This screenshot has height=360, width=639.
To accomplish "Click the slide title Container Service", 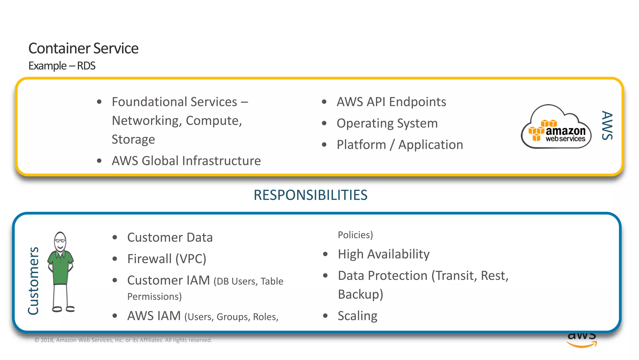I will (x=83, y=48).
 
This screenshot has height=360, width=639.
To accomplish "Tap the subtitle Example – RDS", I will (x=62, y=66).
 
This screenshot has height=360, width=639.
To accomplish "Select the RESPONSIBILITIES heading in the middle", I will (x=310, y=195).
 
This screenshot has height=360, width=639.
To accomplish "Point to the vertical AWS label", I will (x=607, y=125).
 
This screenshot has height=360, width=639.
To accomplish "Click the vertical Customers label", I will (x=33, y=281).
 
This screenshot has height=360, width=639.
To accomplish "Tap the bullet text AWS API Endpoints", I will (x=391, y=102).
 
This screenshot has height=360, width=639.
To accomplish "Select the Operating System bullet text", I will (x=387, y=123).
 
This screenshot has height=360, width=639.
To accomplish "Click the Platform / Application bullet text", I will (x=400, y=145).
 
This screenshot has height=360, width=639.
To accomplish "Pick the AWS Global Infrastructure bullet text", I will (x=186, y=161).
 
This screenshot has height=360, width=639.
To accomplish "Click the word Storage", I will (x=133, y=139).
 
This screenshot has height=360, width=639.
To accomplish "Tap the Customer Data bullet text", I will (x=170, y=237).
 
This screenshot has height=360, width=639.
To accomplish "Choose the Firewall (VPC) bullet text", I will (x=167, y=259).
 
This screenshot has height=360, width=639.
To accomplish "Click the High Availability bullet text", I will (x=383, y=254).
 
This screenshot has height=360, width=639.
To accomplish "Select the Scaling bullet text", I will (x=358, y=316).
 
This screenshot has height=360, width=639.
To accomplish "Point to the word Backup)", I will (x=360, y=294).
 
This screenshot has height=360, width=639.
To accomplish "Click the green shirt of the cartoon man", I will (x=61, y=269).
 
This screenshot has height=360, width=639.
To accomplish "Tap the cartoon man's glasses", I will (x=60, y=241).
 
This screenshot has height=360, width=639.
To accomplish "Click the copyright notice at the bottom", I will (x=123, y=340).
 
